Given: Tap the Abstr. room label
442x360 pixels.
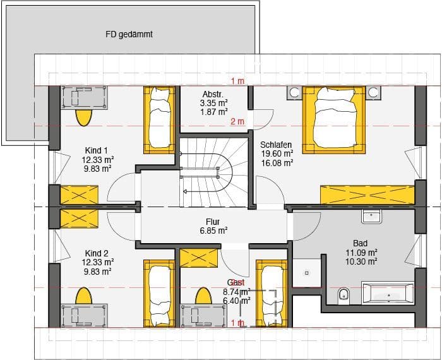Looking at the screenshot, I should (213, 93).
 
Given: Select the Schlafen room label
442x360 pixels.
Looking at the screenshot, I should (276, 143).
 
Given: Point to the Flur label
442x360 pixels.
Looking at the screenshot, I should (212, 222).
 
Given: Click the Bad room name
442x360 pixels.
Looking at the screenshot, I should (361, 243).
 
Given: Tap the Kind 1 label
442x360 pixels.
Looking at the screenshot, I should (97, 150).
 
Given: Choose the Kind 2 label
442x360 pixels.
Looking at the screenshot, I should (97, 253).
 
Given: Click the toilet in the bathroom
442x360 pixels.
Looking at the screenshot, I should (344, 294).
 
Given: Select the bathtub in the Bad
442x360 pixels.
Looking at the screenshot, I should (388, 294).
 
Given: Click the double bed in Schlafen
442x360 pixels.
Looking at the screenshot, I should (335, 119).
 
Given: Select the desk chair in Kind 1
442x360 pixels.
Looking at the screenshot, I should (83, 117).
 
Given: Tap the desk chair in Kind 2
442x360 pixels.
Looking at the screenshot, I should (83, 296).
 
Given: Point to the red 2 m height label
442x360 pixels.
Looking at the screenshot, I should (237, 121).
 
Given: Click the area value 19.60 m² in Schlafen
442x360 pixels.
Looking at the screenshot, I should (277, 153).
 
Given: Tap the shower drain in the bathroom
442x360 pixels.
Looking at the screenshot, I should (306, 273).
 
